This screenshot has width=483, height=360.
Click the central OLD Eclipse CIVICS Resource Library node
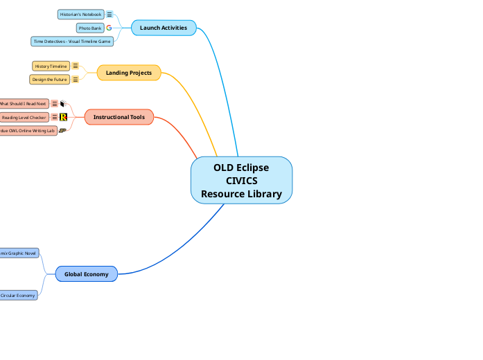point(241,181)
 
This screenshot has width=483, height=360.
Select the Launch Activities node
point(164,28)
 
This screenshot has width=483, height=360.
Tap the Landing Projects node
point(129,73)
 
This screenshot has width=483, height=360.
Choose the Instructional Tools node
point(118,117)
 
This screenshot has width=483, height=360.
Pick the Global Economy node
point(86,274)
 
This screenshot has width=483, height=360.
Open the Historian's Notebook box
point(81,14)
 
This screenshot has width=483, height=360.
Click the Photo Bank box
point(90,28)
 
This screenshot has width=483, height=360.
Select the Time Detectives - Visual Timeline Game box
point(72,42)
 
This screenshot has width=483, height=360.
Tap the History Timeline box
point(51,66)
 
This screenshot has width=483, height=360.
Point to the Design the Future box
point(50,80)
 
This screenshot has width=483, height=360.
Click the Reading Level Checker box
point(24,118)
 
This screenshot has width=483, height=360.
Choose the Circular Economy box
point(18,295)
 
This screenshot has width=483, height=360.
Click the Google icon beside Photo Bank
point(109,28)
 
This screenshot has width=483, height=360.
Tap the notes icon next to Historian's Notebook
point(109,14)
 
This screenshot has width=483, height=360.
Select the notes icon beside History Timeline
point(76,66)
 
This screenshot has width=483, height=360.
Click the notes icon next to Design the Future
point(76,80)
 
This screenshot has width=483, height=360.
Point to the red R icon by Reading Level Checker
point(64,118)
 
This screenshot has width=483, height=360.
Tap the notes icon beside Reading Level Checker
point(55,118)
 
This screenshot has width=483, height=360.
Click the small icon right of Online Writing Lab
point(63,130)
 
